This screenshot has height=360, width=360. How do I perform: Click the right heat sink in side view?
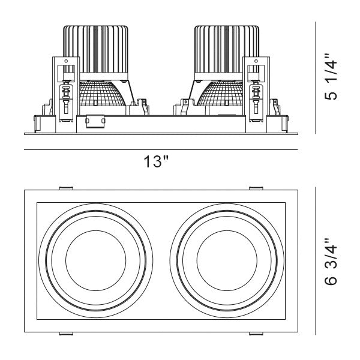(x=226, y=51)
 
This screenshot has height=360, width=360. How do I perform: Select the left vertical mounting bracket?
(x=65, y=93)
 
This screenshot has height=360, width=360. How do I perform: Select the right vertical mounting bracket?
(x=256, y=93)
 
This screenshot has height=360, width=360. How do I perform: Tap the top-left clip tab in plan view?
(x=66, y=188)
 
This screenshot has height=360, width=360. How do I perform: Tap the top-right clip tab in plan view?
(x=256, y=188)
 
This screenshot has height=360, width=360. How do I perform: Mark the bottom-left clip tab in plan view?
(x=66, y=334)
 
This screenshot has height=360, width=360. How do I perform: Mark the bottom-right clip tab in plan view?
(x=256, y=334)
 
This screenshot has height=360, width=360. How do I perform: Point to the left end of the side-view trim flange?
(x=25, y=133)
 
